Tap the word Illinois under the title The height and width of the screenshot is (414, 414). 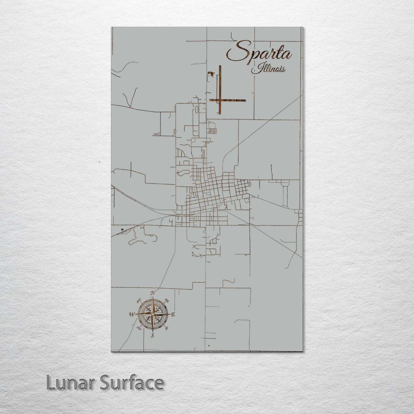pyautogui.click(x=268, y=69)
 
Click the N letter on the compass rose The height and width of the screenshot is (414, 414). pyautogui.click(x=153, y=293)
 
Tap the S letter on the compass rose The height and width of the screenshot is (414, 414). pyautogui.click(x=153, y=335)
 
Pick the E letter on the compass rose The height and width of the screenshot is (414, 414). pyautogui.click(x=173, y=314)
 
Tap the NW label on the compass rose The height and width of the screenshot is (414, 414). pyautogui.click(x=139, y=301)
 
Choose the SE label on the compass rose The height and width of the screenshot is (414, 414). pyautogui.click(x=167, y=328)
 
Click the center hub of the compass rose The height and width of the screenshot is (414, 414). pyautogui.click(x=153, y=314)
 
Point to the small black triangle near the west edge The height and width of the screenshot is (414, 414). pyautogui.click(x=123, y=229)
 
